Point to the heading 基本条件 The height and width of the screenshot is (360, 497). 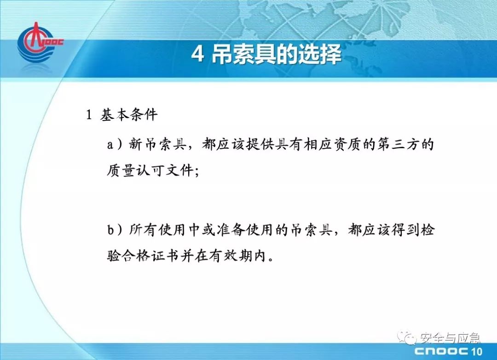pos(129,115)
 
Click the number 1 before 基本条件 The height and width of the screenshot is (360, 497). pos(89,115)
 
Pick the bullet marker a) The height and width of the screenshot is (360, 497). pos(114,145)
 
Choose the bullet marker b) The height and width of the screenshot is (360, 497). pos(114,230)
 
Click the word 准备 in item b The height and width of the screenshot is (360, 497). pos(230,229)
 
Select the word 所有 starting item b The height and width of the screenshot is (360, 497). pos(142,229)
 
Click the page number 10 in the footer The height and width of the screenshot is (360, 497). pos(477,351)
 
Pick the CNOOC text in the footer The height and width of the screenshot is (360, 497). pos(441,351)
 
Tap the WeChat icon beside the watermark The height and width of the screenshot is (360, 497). pos(407,337)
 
